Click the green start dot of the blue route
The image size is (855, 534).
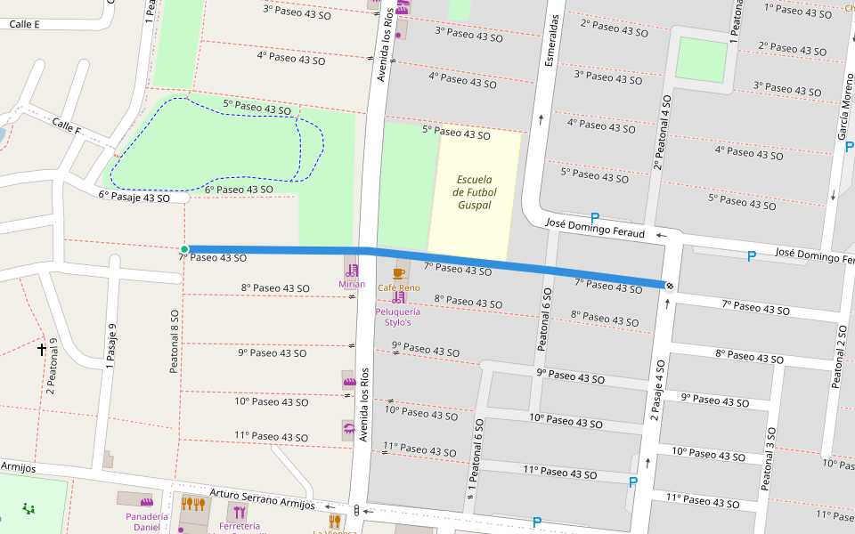click(x=184, y=249)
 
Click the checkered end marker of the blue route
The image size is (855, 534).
click(x=668, y=285)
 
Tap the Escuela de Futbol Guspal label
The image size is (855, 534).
click(x=475, y=192)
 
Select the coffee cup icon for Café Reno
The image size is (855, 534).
click(x=398, y=272)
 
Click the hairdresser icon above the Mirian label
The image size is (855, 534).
click(x=352, y=270)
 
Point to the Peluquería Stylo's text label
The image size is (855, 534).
click(x=398, y=317)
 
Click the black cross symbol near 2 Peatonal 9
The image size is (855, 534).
click(x=42, y=350)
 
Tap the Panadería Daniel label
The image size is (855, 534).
click(x=146, y=522)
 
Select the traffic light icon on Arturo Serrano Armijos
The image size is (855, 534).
click(x=357, y=511)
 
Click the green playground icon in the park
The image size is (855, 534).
click(x=28, y=509)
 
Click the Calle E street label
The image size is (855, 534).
click(x=25, y=24)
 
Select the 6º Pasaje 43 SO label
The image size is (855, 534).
click(x=134, y=197)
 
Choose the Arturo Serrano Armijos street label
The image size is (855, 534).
click(x=262, y=498)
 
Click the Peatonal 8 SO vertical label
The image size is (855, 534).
click(x=175, y=341)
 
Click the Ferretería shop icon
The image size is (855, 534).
click(x=240, y=511)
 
